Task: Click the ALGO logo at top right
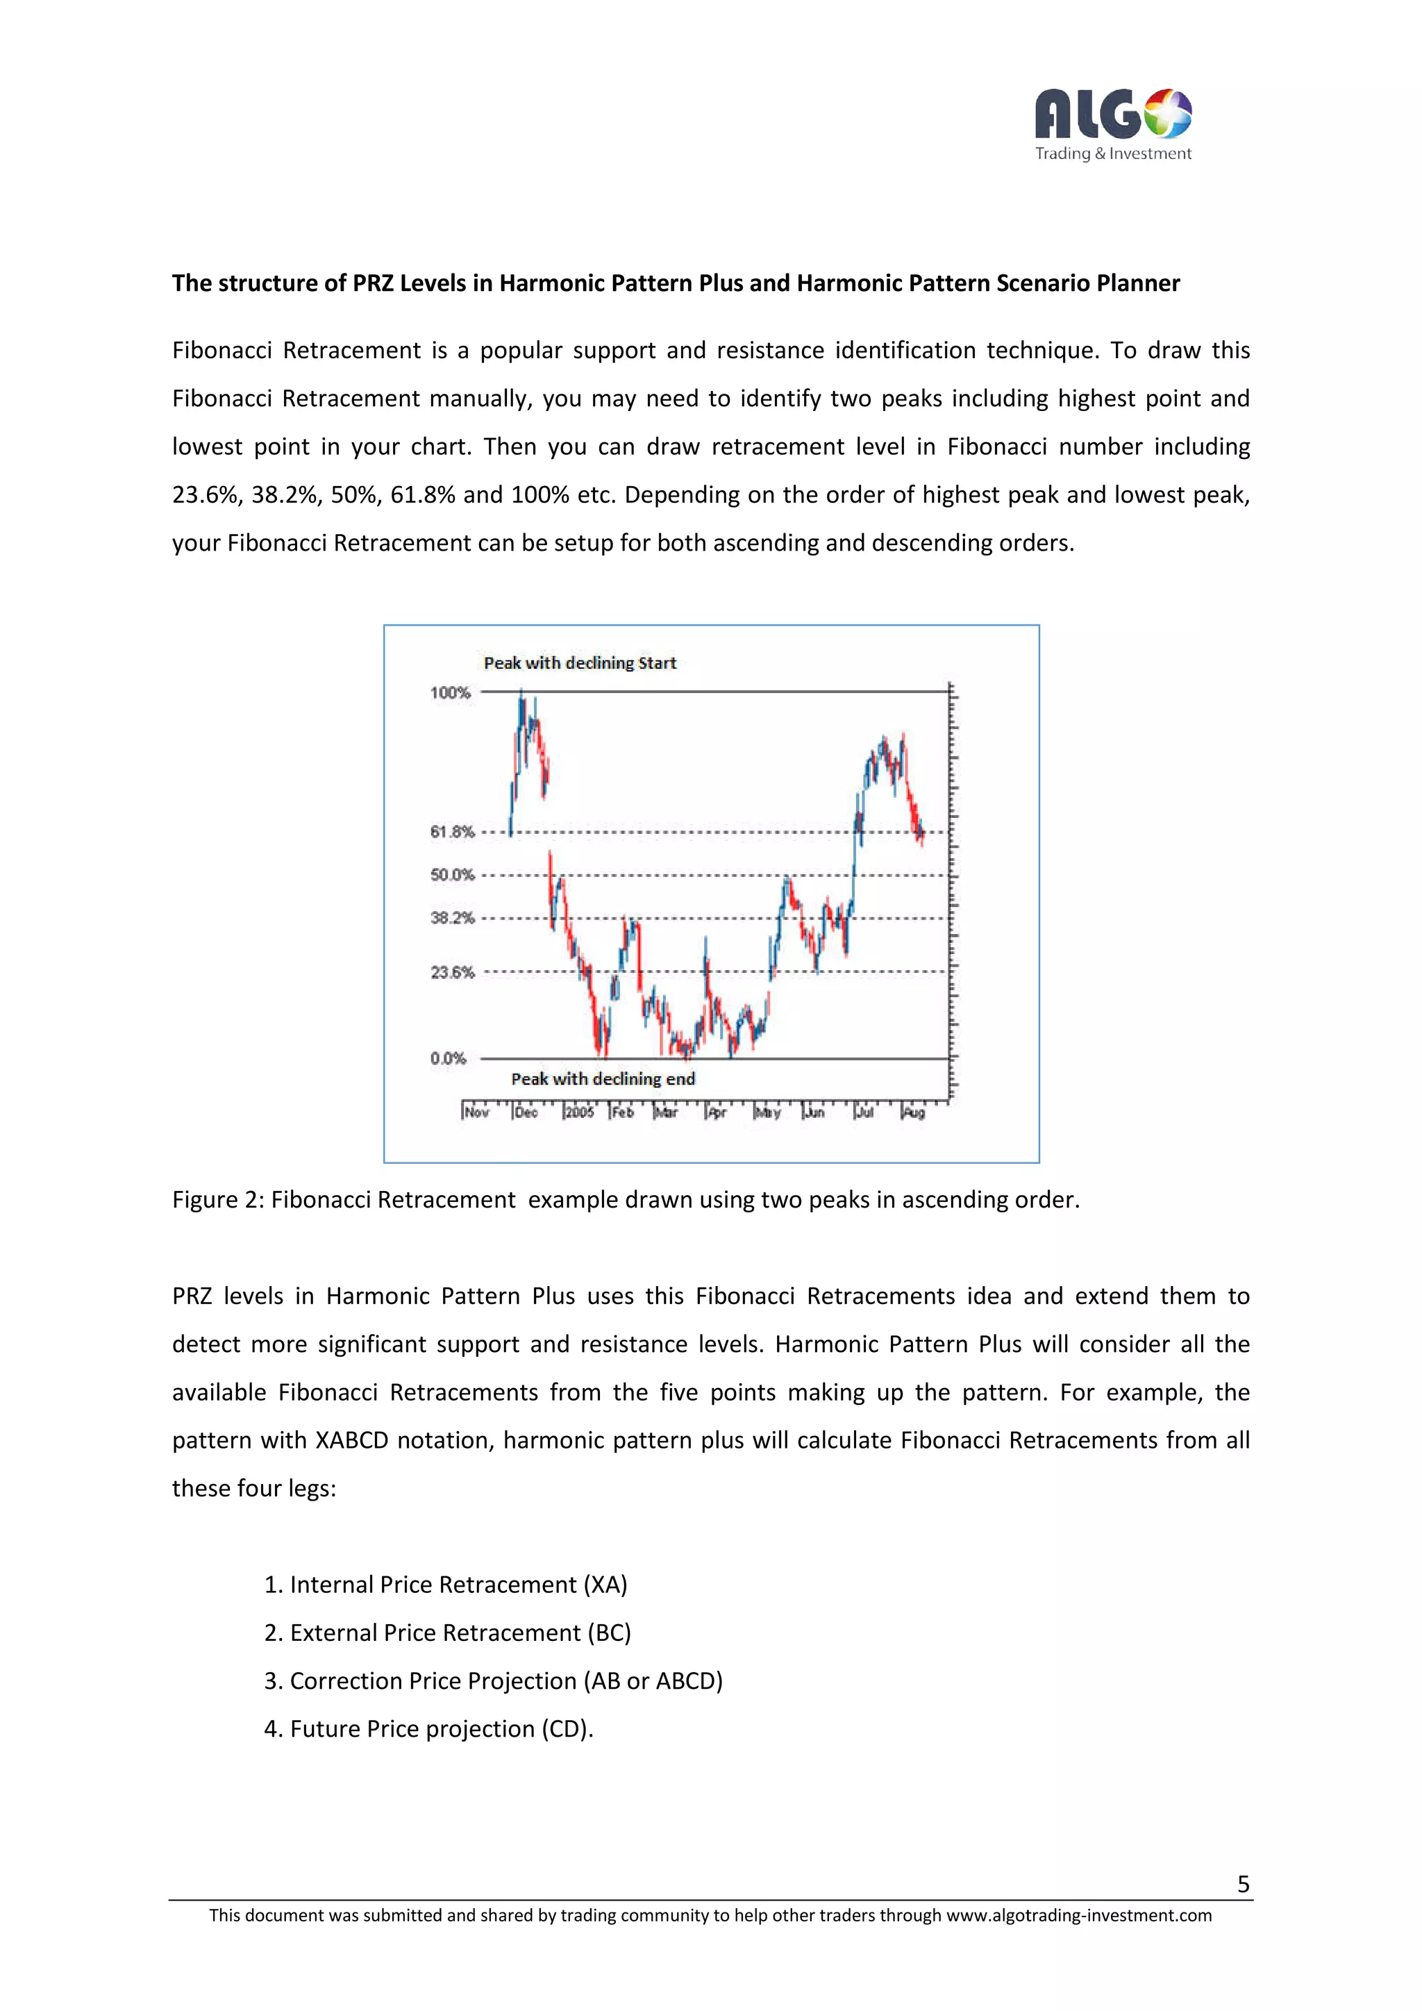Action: click(1112, 124)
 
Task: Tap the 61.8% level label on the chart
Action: click(452, 831)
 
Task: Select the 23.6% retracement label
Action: click(452, 972)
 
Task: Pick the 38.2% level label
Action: click(452, 918)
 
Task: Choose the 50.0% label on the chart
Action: click(452, 875)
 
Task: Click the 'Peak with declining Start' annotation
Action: click(580, 663)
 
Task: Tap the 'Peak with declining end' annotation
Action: click(603, 1079)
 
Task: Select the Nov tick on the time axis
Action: click(476, 1112)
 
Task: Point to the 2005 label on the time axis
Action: click(579, 1112)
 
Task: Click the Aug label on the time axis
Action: click(913, 1112)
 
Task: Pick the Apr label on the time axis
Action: click(717, 1112)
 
